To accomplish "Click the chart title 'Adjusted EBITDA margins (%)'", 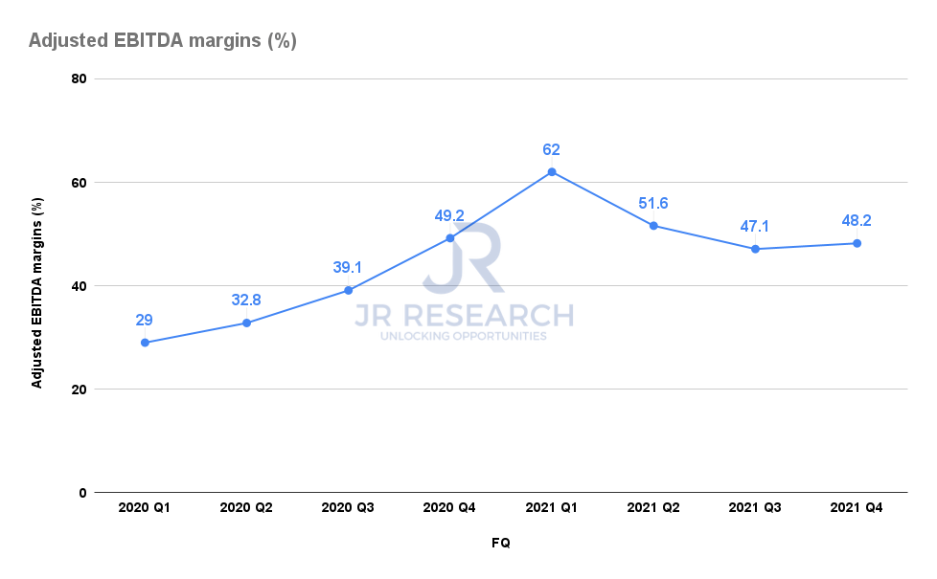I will click(x=163, y=41).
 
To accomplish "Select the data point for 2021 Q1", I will click(x=552, y=171).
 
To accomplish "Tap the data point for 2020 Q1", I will click(x=145, y=343).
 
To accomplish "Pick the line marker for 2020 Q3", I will click(x=348, y=290).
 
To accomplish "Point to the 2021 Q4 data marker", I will click(x=857, y=243).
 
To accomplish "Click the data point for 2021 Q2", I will click(x=653, y=226).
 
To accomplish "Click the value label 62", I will click(x=551, y=149).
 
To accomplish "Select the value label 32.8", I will click(x=246, y=301).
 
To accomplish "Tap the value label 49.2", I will click(x=449, y=216).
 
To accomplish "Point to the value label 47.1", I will click(x=755, y=227).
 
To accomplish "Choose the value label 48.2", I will click(x=857, y=221).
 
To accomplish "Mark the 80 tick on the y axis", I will click(x=79, y=78).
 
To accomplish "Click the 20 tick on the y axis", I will click(x=79, y=390).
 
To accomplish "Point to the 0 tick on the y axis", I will click(x=82, y=493).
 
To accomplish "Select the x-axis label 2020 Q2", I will click(x=246, y=508).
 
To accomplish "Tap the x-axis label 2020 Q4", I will click(x=449, y=508).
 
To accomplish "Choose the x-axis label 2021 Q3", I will click(x=755, y=508).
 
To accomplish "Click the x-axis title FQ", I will click(x=501, y=543).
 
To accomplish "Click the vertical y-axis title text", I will click(x=38, y=286).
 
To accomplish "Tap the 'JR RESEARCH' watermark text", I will click(x=464, y=316).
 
